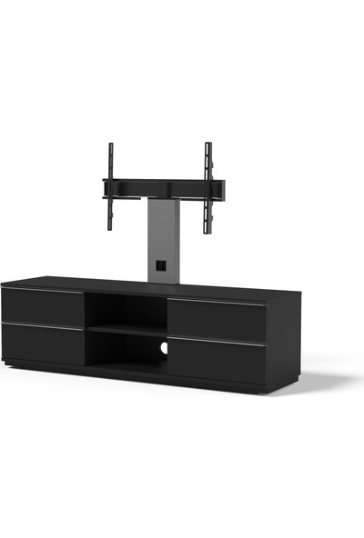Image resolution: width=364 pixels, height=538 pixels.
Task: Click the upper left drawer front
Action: (x=43, y=307)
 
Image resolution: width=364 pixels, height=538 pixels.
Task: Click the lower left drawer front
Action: (x=43, y=344)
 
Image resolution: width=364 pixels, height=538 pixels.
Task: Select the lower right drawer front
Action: (x=217, y=361)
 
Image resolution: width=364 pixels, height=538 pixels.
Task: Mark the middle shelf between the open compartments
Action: (x=127, y=331)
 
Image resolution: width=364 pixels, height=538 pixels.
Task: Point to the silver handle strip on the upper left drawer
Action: (x=43, y=291)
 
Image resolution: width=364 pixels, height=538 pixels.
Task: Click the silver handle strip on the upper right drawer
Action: (x=217, y=304)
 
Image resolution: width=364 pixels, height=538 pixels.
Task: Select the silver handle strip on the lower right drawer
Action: (x=217, y=343)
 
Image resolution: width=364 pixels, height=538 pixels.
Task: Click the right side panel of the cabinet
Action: (x=284, y=341)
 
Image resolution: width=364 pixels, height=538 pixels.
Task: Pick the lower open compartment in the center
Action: (x=127, y=353)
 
